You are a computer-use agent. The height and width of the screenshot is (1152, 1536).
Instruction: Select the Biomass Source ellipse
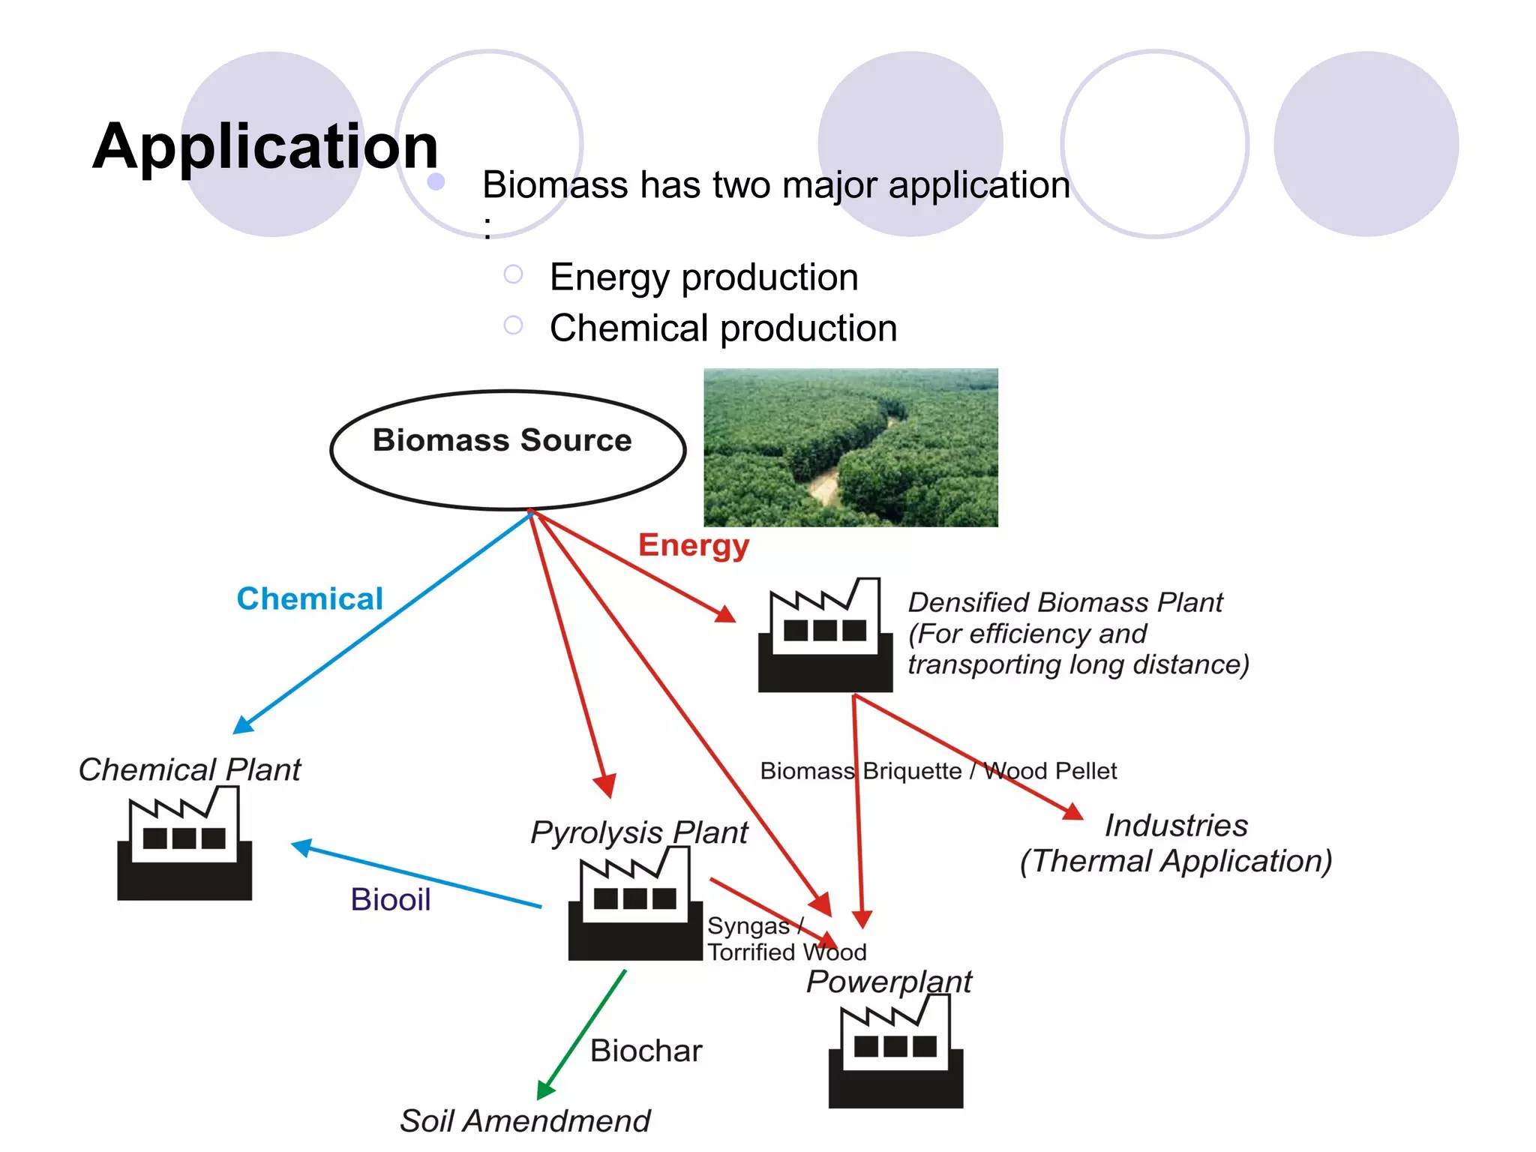pyautogui.click(x=508, y=450)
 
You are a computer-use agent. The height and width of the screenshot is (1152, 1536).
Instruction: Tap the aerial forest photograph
pyautogui.click(x=850, y=448)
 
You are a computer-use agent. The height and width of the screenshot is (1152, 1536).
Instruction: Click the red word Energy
pyautogui.click(x=693, y=544)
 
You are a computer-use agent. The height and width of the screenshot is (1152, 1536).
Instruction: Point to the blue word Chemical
pyautogui.click(x=309, y=598)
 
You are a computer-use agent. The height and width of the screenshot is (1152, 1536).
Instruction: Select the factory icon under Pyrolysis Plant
pyautogui.click(x=634, y=905)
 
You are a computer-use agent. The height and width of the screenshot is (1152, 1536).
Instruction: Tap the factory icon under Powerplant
pyautogui.click(x=895, y=1053)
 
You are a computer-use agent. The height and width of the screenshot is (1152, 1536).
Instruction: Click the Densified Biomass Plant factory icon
pyautogui.click(x=825, y=637)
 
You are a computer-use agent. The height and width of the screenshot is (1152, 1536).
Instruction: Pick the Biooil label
pyautogui.click(x=390, y=899)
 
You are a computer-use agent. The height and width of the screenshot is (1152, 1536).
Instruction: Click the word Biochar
pyautogui.click(x=646, y=1051)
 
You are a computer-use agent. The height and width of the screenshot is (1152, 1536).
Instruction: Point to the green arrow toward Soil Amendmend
pyautogui.click(x=582, y=1035)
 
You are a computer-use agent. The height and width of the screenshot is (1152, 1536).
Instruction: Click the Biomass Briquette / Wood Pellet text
pyautogui.click(x=937, y=771)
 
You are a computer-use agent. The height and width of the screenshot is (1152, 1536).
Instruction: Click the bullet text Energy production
pyautogui.click(x=703, y=277)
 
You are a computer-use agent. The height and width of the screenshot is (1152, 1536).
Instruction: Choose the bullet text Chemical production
pyautogui.click(x=723, y=328)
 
